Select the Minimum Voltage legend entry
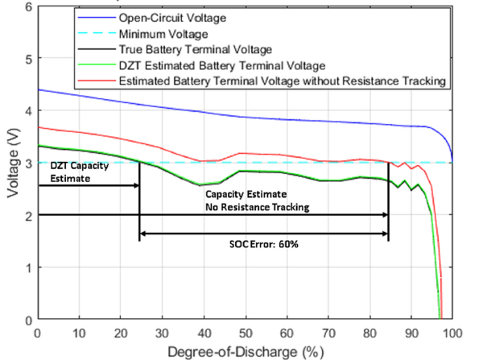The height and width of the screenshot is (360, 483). pyautogui.click(x=159, y=35)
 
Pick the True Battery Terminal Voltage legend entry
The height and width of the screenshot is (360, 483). pyautogui.click(x=188, y=51)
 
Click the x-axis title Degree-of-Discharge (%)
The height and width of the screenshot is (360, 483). pyautogui.click(x=245, y=352)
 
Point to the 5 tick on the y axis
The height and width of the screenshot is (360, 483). pyautogui.click(x=28, y=59)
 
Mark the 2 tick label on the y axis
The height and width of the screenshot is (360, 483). pyautogui.click(x=28, y=215)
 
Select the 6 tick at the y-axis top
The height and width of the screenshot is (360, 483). pyautogui.click(x=28, y=7)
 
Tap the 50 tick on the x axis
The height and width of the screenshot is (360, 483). pyautogui.click(x=246, y=333)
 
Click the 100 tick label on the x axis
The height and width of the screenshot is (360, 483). pyautogui.click(x=452, y=333)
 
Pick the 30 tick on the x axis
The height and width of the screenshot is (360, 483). pyautogui.click(x=162, y=333)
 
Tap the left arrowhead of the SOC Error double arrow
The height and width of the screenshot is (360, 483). pyautogui.click(x=143, y=235)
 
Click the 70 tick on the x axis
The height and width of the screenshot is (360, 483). pyautogui.click(x=328, y=333)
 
